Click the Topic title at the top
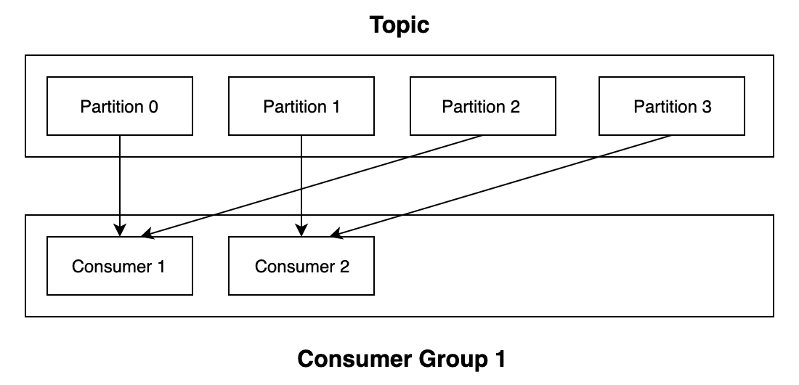399,25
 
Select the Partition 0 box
120,107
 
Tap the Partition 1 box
301,107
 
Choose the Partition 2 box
482,107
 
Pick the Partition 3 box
672,107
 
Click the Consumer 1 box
120,266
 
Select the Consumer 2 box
301,266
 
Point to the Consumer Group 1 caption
402,359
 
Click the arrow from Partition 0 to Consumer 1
120,182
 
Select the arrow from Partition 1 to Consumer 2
301,182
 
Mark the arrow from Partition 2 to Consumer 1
312,186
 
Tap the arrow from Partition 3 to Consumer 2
501,186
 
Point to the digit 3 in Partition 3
707,107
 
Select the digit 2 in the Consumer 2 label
344,266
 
